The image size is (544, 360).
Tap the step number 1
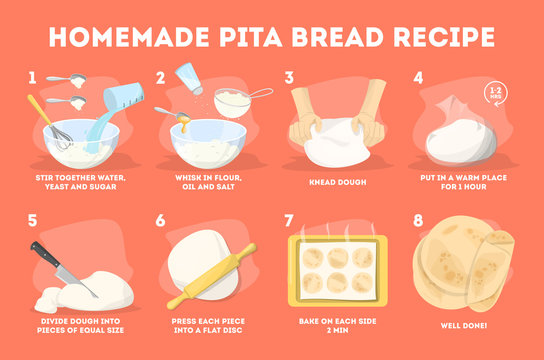pos(34,77)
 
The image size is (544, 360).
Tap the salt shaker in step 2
pos(188,79)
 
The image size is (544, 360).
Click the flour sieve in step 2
pos(237,101)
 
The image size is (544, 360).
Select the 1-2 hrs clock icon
pos(495,95)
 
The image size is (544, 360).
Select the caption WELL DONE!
pos(465,326)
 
